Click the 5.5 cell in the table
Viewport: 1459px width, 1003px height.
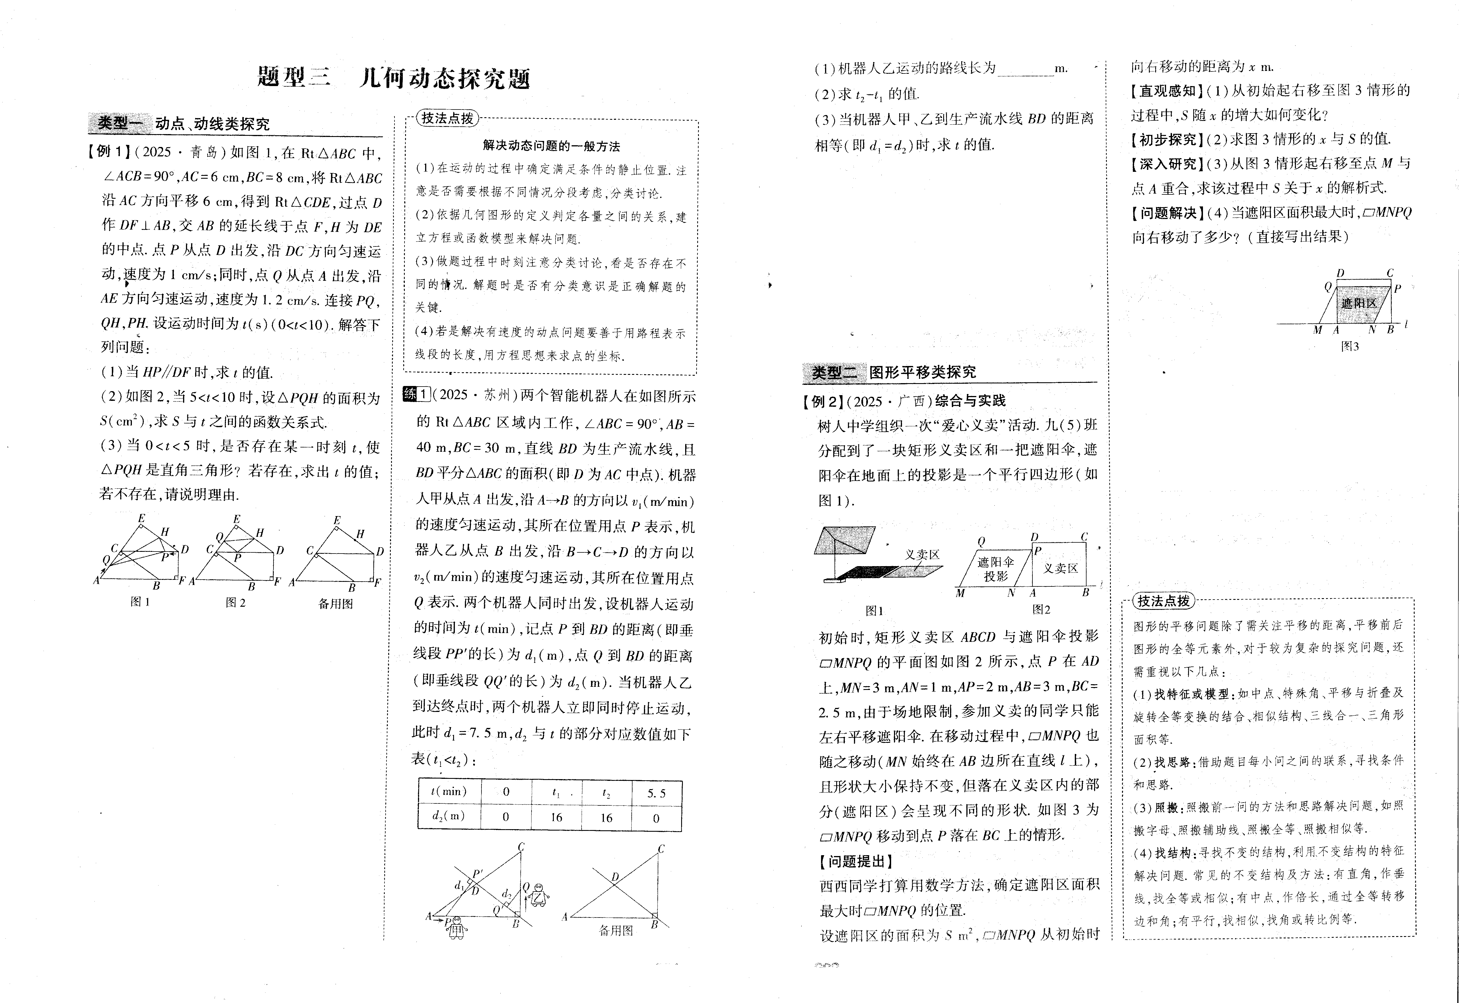pos(656,793)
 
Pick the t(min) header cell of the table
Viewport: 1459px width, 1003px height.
pos(449,791)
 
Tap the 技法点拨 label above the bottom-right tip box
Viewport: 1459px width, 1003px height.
pos(1163,601)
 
